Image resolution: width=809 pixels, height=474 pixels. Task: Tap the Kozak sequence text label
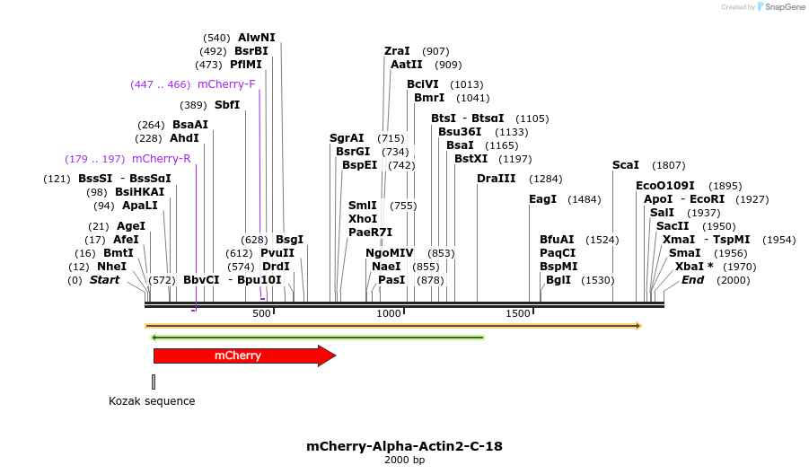pos(152,401)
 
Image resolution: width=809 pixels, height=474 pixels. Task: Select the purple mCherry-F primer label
pos(226,84)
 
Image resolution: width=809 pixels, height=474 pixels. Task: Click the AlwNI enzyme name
pos(257,38)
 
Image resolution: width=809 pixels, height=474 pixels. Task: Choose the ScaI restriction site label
pos(626,165)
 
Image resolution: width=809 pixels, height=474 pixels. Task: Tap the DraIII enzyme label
pos(497,179)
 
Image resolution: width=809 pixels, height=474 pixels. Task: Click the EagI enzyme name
pos(542,199)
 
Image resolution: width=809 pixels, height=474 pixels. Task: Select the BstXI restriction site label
pos(470,159)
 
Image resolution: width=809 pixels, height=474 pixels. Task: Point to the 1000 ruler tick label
pos(389,314)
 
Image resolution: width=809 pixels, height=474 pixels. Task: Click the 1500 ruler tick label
pos(518,314)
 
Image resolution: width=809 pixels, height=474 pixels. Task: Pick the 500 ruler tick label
pos(261,314)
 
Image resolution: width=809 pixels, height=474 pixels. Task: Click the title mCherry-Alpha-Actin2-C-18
pos(404,446)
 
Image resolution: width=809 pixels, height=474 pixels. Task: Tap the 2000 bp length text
pos(404,461)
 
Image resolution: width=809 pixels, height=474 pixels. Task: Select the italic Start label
pos(104,280)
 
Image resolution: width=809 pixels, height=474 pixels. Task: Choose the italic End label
pos(692,280)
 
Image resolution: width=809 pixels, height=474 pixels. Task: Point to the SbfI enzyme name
pos(227,105)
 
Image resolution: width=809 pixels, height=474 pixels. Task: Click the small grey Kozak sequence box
pos(154,382)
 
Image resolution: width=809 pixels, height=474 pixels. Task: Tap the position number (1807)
pos(669,165)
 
